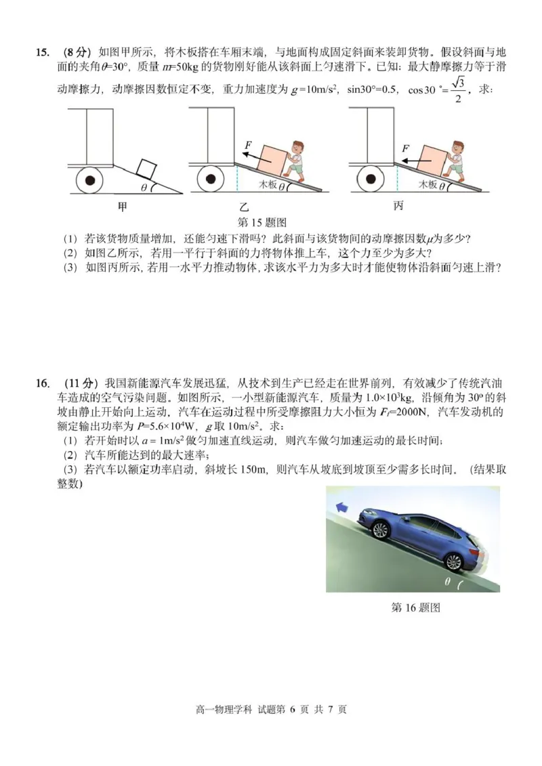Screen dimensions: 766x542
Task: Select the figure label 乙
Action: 244,206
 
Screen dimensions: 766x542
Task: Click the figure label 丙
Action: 398,206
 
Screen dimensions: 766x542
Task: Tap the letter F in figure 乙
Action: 248,145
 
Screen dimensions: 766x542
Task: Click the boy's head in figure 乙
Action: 297,150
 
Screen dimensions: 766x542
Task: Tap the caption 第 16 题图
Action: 416,608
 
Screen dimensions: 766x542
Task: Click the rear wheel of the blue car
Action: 453,561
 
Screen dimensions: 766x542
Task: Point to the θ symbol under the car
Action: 447,581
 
